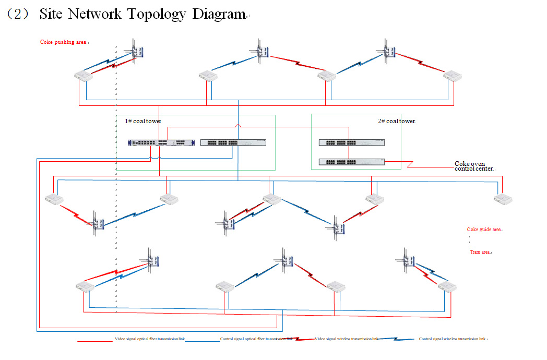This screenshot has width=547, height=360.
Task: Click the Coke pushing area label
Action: (63, 42)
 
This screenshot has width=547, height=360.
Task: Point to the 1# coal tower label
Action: (142, 121)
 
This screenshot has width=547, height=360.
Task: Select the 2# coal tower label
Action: (396, 121)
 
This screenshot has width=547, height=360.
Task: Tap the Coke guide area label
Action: (484, 229)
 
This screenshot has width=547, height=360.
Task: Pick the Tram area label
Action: (480, 252)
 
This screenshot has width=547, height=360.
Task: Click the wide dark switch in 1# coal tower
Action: (161, 142)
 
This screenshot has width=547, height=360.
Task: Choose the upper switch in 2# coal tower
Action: (351, 142)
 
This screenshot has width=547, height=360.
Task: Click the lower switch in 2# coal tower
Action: (351, 161)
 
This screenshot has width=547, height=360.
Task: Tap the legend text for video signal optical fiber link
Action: (150, 339)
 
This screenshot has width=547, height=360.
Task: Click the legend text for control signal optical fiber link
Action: (256, 339)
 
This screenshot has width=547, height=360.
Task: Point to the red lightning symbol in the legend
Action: (303, 339)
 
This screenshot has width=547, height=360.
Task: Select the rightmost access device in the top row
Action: (453, 76)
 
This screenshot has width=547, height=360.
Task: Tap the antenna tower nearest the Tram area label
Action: (408, 258)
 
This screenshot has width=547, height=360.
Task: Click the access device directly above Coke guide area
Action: (503, 199)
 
